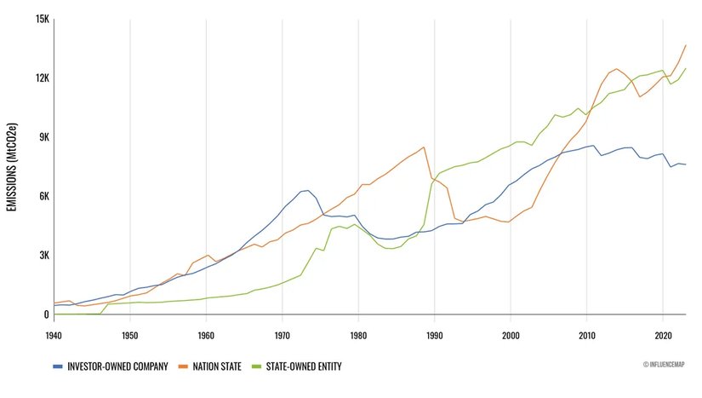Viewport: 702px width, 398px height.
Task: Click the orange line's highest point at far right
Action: tap(686, 45)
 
